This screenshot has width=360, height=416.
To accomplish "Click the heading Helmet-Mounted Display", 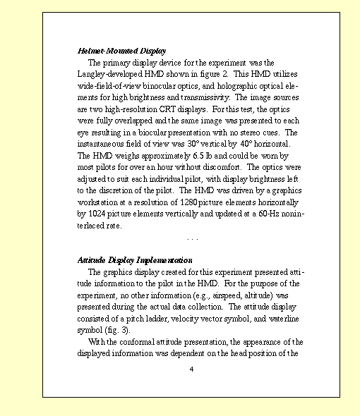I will (x=121, y=51).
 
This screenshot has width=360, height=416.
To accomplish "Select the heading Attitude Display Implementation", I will (x=135, y=259).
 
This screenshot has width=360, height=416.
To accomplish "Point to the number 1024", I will (x=100, y=214).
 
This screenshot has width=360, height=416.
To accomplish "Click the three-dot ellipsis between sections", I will (x=191, y=238).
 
